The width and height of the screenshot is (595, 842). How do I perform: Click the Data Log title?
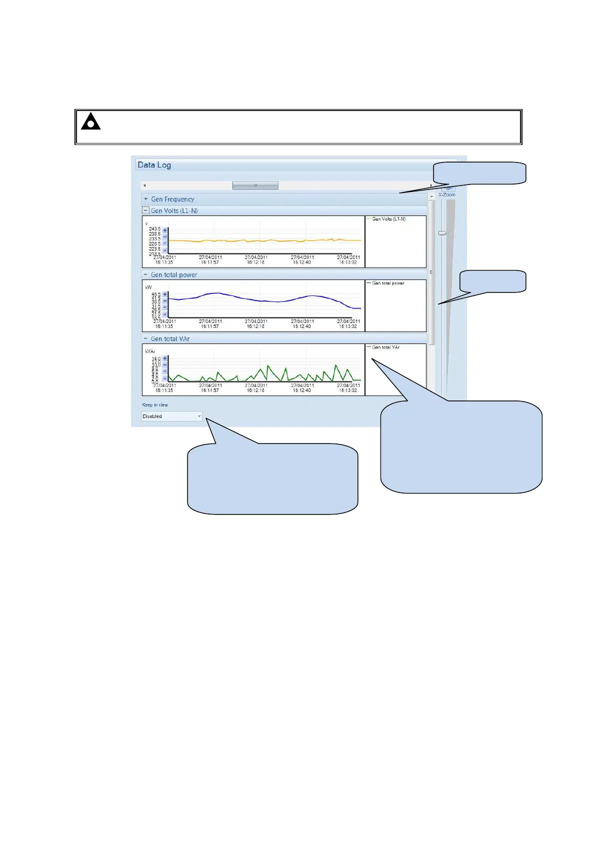coord(154,165)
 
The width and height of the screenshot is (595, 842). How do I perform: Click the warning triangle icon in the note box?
coord(90,122)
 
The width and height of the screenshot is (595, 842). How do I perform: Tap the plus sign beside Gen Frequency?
coord(146,199)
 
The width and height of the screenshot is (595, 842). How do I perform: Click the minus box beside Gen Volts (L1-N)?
coord(146,210)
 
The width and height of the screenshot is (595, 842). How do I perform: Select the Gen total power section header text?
coord(174,274)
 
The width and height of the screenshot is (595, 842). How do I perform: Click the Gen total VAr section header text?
coord(170,338)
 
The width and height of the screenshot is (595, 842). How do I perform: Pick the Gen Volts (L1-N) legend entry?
coord(388,219)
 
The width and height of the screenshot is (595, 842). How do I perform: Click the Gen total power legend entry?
coord(388,283)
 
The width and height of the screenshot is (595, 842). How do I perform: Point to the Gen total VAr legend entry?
coord(385,347)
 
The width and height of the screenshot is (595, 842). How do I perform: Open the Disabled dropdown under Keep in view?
coord(171,416)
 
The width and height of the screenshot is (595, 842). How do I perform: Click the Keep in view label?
coord(155,405)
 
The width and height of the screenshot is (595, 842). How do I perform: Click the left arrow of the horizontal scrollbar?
coord(144,185)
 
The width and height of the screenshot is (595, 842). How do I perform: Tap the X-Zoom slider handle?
coord(442,233)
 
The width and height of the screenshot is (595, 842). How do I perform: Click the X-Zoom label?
coord(446,194)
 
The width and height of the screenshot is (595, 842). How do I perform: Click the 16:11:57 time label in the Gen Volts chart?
coord(210,262)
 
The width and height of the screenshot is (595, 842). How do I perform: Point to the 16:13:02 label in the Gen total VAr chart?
coord(348,390)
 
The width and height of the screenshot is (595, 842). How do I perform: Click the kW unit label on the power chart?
coord(148,287)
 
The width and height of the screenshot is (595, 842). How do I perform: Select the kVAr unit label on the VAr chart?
coord(150,351)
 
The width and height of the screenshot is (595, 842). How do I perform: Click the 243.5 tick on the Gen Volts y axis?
coord(154,229)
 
